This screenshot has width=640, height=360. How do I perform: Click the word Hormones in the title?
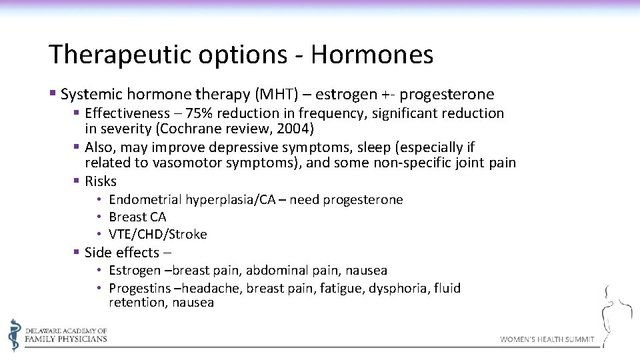click(x=371, y=55)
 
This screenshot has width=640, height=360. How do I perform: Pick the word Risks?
click(x=101, y=181)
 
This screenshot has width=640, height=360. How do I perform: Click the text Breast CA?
click(x=137, y=217)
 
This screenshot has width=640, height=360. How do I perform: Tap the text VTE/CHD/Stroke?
click(x=158, y=234)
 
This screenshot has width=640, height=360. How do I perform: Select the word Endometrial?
click(x=145, y=199)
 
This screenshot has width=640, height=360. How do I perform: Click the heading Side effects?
click(x=122, y=253)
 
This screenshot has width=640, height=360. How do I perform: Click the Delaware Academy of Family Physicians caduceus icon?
click(x=14, y=334)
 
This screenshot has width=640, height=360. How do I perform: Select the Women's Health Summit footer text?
click(x=547, y=339)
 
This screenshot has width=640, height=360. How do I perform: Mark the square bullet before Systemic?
click(x=53, y=94)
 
